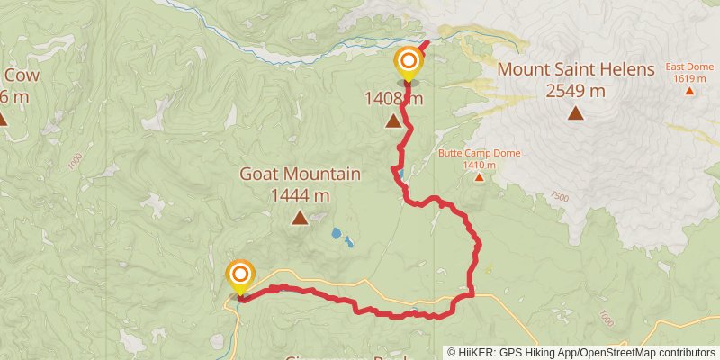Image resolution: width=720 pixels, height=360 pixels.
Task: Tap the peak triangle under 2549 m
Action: point(575,112)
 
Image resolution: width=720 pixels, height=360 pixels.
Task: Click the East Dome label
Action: point(688,67)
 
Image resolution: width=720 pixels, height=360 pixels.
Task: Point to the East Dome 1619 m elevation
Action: point(690,78)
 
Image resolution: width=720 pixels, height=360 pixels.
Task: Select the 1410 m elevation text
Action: point(480,165)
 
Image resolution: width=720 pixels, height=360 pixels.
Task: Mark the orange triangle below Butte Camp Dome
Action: point(480,177)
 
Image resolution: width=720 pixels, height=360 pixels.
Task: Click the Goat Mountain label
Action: point(301,175)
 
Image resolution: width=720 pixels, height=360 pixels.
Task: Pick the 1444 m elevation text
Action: point(300,194)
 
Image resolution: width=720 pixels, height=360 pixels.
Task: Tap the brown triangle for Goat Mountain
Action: point(299,217)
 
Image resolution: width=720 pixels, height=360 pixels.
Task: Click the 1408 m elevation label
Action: point(393,98)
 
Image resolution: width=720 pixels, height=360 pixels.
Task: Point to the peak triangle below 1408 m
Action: point(393,121)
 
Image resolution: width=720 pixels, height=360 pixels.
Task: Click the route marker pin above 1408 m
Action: point(408,63)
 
